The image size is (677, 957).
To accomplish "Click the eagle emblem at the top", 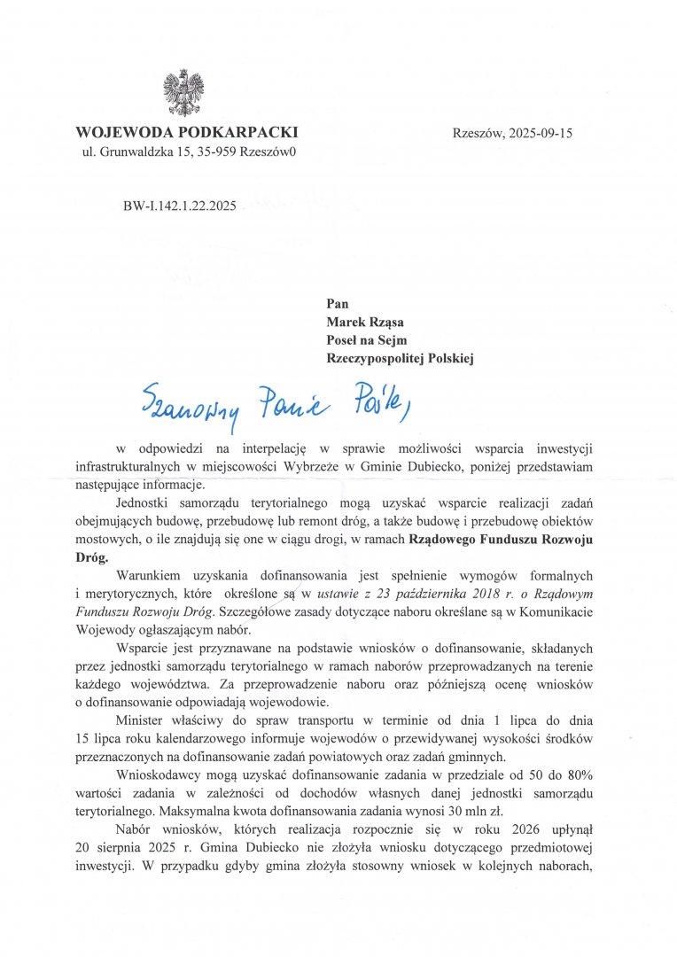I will pos(183,91).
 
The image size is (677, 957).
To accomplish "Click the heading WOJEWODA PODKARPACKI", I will pos(187,132).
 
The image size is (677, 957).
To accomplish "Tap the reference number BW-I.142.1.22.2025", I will pos(179,206).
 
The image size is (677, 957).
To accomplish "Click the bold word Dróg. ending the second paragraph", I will pos(92,558).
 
